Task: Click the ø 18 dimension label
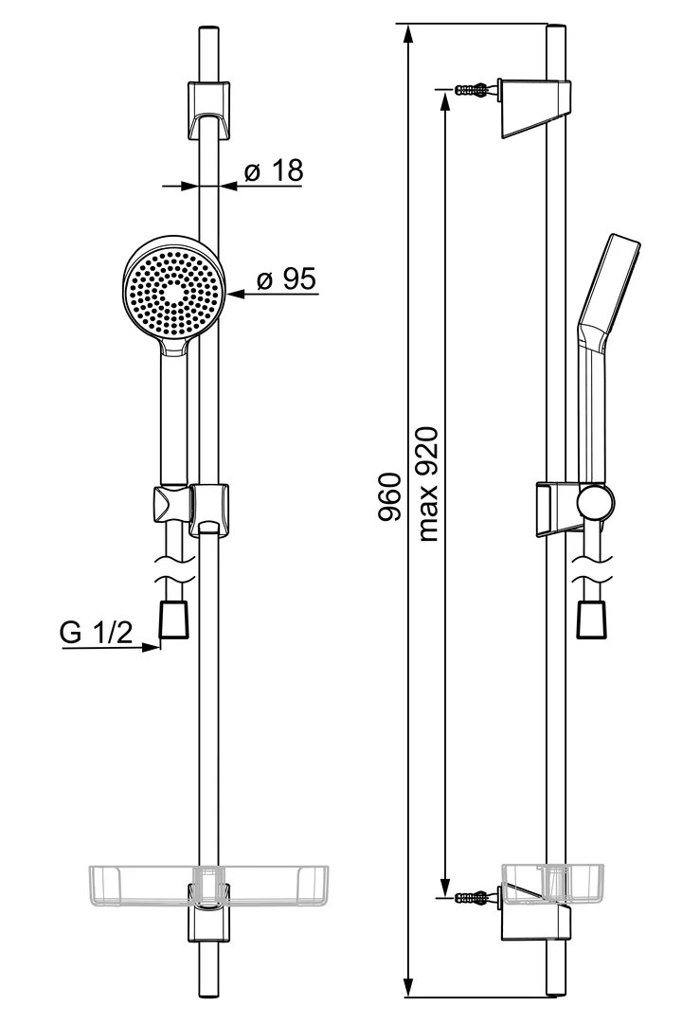point(273,171)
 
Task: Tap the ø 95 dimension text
point(286,279)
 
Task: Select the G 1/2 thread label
point(97,634)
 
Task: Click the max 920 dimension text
point(427,484)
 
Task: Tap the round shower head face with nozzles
point(173,291)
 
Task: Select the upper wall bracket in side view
point(535,107)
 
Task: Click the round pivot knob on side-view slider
point(597,502)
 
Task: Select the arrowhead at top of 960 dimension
point(408,34)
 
